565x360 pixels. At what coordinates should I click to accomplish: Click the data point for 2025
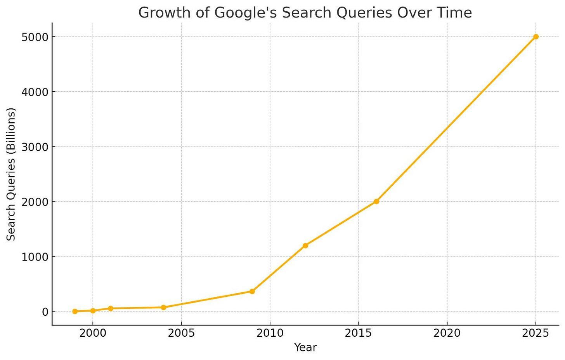(x=536, y=37)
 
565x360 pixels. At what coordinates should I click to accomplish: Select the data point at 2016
(x=376, y=201)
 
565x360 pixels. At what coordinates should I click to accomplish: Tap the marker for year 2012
(x=305, y=245)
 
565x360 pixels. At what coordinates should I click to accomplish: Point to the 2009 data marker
(x=252, y=291)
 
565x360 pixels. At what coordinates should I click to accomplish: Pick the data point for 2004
(x=163, y=307)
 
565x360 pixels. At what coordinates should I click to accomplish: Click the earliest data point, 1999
(x=75, y=311)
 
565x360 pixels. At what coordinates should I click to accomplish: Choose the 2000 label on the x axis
(x=93, y=333)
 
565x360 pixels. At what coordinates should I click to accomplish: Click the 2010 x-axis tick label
(x=270, y=333)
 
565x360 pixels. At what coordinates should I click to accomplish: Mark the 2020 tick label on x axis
(x=447, y=333)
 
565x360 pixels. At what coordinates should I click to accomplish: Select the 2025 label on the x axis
(x=536, y=333)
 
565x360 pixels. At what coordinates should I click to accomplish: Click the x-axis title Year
(x=305, y=348)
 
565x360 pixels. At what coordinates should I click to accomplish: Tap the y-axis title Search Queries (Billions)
(x=12, y=174)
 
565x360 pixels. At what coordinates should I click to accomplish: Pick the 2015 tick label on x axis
(x=359, y=333)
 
